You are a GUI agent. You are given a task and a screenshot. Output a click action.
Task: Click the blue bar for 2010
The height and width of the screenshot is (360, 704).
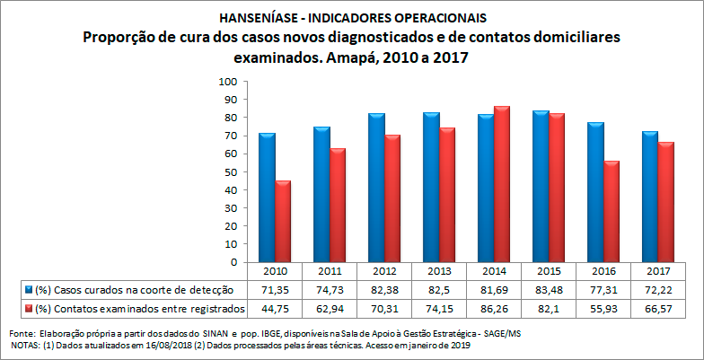(267, 198)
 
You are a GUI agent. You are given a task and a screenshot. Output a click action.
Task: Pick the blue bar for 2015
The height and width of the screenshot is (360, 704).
(540, 187)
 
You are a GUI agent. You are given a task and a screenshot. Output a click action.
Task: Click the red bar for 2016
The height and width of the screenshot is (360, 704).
(611, 212)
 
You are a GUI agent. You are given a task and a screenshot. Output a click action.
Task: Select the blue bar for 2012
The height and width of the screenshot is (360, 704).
(376, 188)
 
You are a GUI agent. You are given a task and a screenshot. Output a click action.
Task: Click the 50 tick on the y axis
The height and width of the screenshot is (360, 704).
(230, 172)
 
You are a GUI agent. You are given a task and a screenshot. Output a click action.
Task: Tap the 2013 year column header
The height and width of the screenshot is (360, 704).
(438, 271)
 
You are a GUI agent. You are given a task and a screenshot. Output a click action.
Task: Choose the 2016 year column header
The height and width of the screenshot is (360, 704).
(602, 271)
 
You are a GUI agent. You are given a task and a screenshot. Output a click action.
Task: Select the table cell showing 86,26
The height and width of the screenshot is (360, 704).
(493, 309)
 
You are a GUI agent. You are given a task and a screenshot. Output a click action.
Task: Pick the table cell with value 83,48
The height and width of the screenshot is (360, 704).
(548, 290)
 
